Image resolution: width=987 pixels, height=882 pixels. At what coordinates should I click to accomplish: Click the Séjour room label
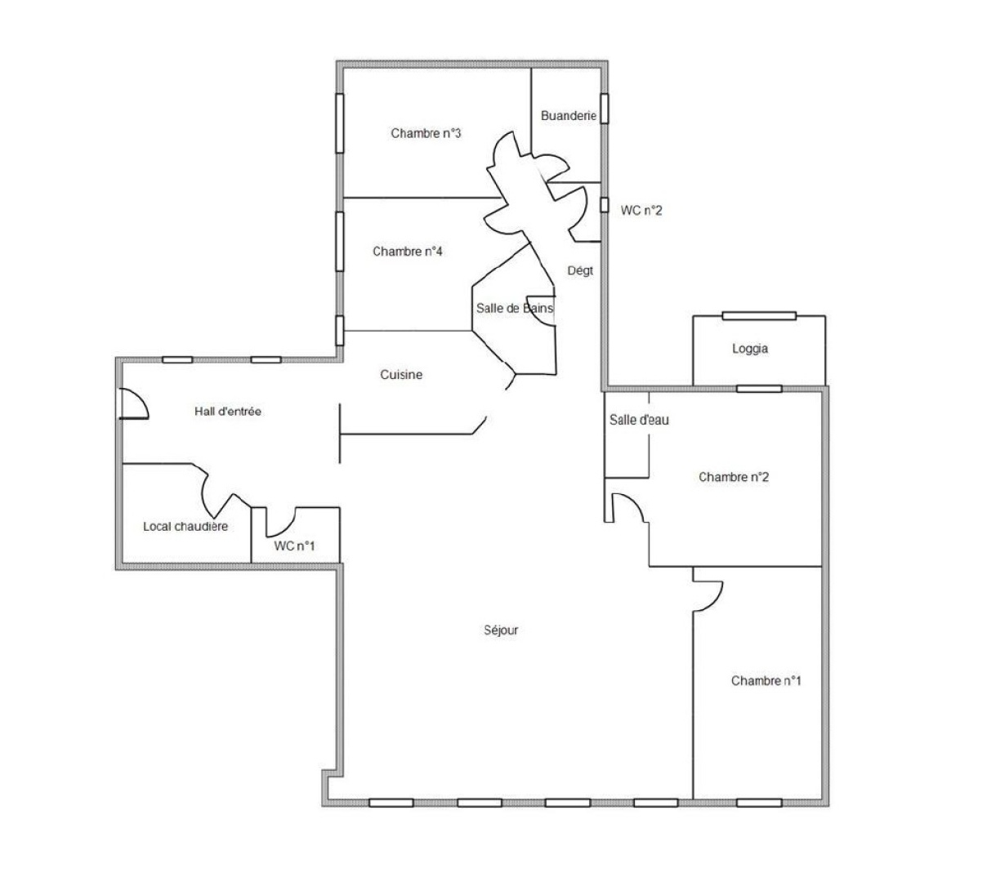tap(501, 630)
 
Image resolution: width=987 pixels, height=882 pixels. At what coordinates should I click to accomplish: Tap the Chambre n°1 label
tap(766, 680)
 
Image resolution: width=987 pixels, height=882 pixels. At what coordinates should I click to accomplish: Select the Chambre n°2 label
tap(733, 477)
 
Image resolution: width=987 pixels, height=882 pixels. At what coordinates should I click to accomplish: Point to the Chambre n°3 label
tap(426, 133)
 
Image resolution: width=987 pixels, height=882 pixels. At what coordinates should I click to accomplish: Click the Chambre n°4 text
tap(408, 252)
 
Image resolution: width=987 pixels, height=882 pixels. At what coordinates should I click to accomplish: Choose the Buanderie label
tap(568, 116)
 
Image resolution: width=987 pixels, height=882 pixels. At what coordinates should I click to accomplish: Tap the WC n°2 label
tap(641, 211)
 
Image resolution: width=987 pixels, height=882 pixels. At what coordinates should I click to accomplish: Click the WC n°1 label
tap(294, 546)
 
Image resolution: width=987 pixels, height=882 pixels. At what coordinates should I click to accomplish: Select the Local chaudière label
tap(185, 527)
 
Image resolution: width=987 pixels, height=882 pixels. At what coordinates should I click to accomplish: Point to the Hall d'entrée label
tap(228, 412)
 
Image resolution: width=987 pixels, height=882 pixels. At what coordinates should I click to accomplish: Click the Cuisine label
tap(402, 375)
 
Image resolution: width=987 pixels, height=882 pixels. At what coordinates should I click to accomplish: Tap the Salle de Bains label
tap(514, 309)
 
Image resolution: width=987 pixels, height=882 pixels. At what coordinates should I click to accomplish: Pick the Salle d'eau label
tap(639, 420)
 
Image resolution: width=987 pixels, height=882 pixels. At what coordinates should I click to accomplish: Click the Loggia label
tap(750, 349)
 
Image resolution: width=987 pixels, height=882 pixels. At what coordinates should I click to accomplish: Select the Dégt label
tap(580, 270)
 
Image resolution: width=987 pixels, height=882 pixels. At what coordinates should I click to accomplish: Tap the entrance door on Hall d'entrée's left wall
tap(132, 403)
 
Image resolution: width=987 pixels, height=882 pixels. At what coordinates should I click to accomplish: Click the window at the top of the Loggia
tap(758, 315)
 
